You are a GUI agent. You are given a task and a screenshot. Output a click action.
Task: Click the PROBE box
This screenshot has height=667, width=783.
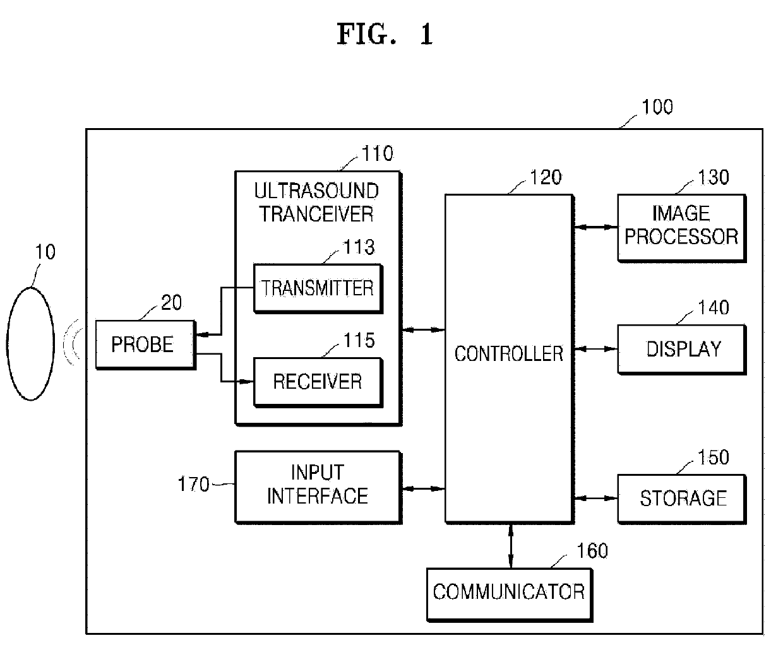coord(146,345)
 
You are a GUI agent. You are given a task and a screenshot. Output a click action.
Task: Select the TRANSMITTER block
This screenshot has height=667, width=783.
coord(318,288)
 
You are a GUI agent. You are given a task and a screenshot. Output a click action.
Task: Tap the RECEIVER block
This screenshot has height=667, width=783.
coord(318,382)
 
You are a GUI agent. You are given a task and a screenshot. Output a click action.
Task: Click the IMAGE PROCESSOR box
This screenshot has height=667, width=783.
coord(682,228)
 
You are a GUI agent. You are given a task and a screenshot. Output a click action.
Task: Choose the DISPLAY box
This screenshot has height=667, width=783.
coord(682,350)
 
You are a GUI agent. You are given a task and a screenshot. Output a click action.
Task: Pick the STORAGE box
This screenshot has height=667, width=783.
coord(682,499)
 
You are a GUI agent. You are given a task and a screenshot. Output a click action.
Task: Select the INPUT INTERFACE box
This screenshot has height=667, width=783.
coord(318,487)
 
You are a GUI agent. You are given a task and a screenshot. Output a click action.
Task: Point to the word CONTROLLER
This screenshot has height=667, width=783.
coord(509,354)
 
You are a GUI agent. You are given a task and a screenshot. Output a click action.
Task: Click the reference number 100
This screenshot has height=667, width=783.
coord(657,107)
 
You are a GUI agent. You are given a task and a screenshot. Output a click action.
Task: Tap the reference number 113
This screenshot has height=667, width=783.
coord(359,247)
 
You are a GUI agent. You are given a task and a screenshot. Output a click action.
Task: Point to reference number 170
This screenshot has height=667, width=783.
coord(194,484)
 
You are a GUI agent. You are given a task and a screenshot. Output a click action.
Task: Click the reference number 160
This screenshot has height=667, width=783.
coord(592,551)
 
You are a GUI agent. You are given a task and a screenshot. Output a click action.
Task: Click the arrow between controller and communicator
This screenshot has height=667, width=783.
coord(511,546)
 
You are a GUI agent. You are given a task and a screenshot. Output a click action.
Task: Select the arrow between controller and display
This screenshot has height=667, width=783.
coord(596,349)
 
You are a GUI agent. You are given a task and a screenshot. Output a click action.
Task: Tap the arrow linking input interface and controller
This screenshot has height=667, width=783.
coord(424,488)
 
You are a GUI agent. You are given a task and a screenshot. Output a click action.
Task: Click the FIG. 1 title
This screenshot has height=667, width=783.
coord(385,34)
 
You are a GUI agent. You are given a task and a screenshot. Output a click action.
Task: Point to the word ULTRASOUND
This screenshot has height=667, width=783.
coord(316,191)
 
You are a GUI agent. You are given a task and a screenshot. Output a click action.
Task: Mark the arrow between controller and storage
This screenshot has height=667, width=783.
coord(596,499)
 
